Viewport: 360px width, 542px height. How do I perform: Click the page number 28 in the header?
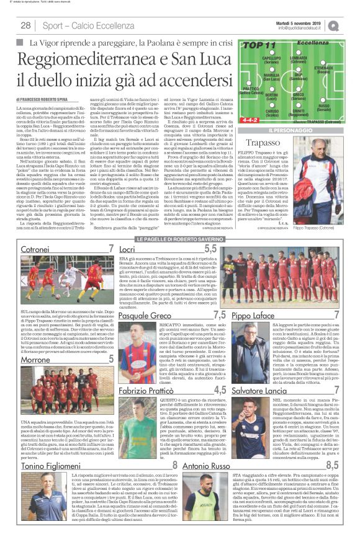(26, 25)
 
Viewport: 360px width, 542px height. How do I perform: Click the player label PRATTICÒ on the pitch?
(251, 91)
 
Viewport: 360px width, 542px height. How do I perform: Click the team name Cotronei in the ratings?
(18, 249)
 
